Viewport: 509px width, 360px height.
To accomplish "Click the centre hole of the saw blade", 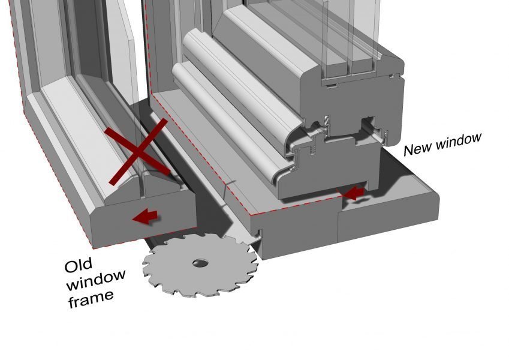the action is (x=200, y=263).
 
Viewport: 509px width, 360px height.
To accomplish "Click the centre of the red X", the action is (x=138, y=152).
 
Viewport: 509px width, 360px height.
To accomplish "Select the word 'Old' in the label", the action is (x=78, y=265).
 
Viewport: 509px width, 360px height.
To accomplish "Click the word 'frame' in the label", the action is (x=91, y=299).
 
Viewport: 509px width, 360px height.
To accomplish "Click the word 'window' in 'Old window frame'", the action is (x=96, y=281).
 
